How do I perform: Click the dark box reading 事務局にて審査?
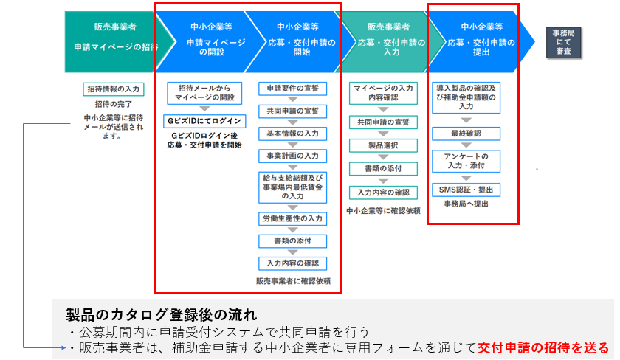pos(563,42)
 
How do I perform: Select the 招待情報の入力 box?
pos(114,89)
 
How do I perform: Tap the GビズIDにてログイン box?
pos(204,121)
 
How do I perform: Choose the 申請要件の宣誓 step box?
pos(292,89)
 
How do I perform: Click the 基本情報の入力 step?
pos(292,134)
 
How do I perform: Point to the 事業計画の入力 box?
pos(292,156)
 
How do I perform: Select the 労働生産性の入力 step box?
pos(292,218)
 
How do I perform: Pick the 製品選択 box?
pos(383,145)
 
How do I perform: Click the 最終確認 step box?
pos(466,134)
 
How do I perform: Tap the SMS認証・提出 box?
pos(466,190)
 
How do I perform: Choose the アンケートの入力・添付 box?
pos(466,161)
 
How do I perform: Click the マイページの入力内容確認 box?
pos(383,93)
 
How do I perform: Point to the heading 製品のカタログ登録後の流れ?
pos(162,315)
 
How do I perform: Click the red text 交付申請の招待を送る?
pos(543,347)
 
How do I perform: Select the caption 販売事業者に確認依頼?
pos(293,281)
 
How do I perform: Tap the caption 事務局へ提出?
pos(466,204)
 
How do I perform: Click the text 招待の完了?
pos(114,104)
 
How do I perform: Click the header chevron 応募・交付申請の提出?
pos(481,42)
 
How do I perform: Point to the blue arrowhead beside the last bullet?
pos(63,347)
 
